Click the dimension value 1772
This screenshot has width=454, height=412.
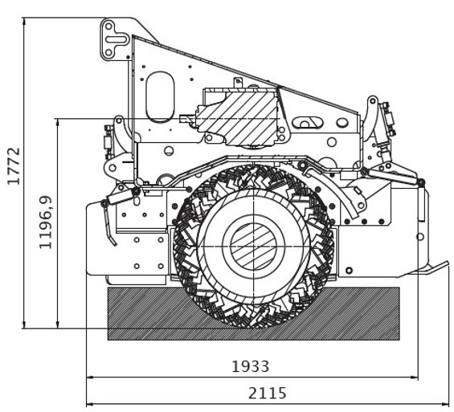pyautogui.click(x=14, y=166)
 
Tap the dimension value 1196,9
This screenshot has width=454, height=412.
pyautogui.click(x=46, y=222)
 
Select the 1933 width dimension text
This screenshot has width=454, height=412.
pyautogui.click(x=250, y=366)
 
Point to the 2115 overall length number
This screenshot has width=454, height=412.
pyautogui.click(x=268, y=393)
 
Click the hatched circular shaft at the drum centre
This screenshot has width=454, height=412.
pyautogui.click(x=254, y=247)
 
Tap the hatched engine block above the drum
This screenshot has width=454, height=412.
pyautogui.click(x=237, y=117)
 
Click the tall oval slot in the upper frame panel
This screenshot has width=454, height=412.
pyautogui.click(x=160, y=97)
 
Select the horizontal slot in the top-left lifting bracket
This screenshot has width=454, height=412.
pyautogui.click(x=115, y=39)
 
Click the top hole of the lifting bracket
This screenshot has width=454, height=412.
pyautogui.click(x=108, y=26)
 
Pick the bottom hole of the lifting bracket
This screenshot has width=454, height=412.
pyautogui.click(x=108, y=53)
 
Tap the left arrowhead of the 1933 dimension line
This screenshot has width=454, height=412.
pyautogui.click(x=90, y=377)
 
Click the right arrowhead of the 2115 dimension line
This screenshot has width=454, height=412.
pyautogui.click(x=445, y=404)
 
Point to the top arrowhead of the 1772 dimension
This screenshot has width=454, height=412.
pyautogui.click(x=24, y=22)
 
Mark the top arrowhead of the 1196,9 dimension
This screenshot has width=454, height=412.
pyautogui.click(x=58, y=122)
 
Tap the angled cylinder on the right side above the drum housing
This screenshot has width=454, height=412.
pyautogui.click(x=392, y=175)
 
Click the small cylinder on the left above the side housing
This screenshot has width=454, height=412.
pyautogui.click(x=119, y=197)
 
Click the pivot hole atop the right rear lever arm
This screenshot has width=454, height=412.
pyautogui.click(x=373, y=101)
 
